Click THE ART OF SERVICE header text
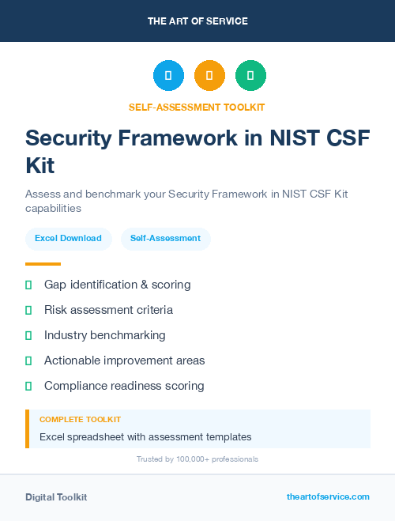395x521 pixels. [197, 21]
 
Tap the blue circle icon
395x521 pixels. [168, 75]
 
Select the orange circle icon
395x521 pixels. [209, 75]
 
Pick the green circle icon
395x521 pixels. [250, 75]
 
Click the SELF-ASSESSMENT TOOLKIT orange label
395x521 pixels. [197, 107]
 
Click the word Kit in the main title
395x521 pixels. [40, 165]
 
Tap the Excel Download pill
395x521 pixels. [68, 238]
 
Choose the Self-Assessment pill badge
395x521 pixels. [165, 238]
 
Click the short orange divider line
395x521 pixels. [43, 264]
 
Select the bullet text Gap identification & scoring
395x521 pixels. [117, 285]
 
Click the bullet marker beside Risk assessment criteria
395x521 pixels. [28, 310]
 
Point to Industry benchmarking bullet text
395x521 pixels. [104, 335]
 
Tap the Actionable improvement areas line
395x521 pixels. [124, 361]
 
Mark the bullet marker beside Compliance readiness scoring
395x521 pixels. [28, 386]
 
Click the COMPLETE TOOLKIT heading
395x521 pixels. [80, 420]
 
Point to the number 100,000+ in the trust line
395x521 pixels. [191, 459]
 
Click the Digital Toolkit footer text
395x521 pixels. [56, 497]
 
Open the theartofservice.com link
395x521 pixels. [328, 496]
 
